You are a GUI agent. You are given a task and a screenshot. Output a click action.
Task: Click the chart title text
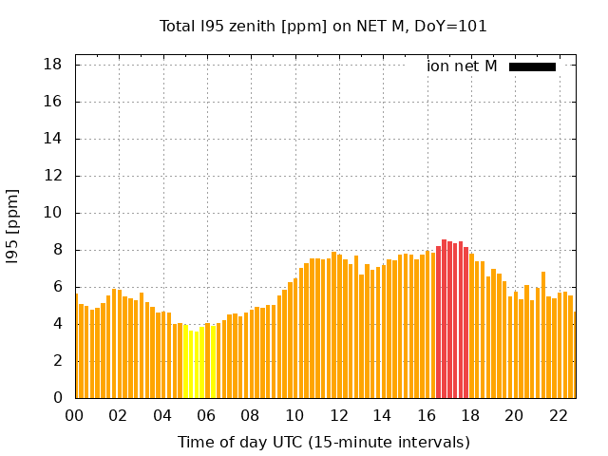(323, 27)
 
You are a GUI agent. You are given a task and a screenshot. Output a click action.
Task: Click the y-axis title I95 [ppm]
(13, 225)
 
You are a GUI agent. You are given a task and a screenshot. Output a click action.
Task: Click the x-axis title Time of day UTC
(323, 442)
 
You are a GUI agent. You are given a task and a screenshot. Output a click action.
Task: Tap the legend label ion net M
(462, 66)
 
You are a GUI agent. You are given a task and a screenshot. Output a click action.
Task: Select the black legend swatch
(532, 66)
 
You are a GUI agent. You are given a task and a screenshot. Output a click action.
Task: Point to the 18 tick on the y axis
(54, 65)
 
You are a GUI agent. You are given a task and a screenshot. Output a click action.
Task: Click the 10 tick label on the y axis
(54, 213)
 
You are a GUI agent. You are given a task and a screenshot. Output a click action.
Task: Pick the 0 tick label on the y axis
(59, 398)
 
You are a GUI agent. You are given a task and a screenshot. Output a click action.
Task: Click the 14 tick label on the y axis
(54, 139)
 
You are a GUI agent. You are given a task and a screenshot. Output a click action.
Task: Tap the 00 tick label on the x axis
(74, 415)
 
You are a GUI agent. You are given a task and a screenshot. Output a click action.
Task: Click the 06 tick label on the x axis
(206, 415)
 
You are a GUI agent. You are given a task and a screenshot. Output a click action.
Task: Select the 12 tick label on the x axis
(338, 415)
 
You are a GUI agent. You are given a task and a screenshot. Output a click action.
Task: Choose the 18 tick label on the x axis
(470, 415)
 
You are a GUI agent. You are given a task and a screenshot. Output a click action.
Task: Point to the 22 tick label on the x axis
(558, 415)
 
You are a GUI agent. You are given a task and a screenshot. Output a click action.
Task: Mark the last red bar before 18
(465, 322)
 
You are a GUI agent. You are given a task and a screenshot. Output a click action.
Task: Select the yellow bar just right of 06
(213, 362)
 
